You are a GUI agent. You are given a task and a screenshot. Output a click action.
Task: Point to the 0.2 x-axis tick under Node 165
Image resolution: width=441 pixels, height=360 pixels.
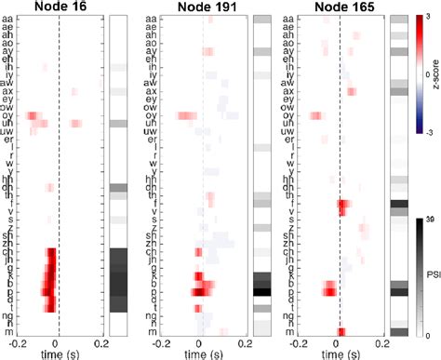coord(383,342)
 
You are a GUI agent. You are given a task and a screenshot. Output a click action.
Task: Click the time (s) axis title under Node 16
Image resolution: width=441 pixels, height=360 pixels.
coord(58,353)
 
